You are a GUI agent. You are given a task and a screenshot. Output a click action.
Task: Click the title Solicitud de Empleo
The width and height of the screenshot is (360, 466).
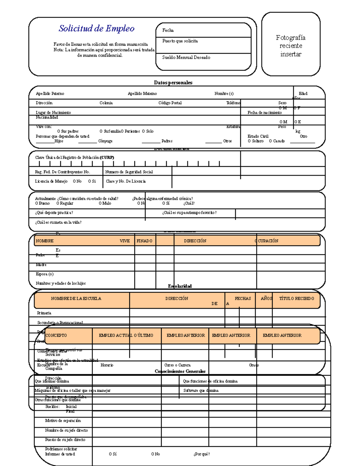click(96, 29)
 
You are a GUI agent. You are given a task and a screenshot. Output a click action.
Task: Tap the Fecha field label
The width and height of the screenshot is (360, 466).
click(168, 30)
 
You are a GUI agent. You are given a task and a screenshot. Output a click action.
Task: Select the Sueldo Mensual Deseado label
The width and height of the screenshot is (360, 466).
click(186, 57)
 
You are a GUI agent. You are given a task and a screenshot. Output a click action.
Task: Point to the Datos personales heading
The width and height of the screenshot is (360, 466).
click(173, 83)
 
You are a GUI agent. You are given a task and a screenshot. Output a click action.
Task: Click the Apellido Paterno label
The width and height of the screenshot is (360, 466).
click(50, 94)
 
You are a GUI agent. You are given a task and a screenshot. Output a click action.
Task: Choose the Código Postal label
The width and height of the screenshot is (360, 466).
click(170, 103)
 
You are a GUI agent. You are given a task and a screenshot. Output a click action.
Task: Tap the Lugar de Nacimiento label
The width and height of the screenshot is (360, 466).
click(53, 113)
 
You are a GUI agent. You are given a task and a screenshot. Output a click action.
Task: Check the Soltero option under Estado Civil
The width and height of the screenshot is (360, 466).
click(256, 141)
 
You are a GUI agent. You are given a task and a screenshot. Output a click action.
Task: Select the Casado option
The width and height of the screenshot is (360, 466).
click(277, 141)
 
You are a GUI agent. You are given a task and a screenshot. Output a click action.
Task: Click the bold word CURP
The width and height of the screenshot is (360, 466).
click(107, 158)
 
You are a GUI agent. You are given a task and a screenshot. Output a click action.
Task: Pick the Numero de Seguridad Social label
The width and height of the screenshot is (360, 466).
click(129, 172)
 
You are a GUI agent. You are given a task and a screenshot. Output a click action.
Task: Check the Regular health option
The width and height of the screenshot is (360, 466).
click(65, 203)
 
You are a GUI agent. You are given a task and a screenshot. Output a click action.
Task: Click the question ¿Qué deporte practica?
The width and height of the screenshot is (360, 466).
click(54, 213)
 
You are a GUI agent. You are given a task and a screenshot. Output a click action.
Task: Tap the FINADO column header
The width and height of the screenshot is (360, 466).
click(144, 241)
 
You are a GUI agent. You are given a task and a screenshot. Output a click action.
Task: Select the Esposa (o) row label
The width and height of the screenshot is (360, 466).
click(44, 274)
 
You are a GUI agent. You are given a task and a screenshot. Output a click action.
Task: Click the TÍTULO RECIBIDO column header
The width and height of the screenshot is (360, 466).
click(296, 299)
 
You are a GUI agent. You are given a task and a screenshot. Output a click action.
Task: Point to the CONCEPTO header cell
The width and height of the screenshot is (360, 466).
click(56, 335)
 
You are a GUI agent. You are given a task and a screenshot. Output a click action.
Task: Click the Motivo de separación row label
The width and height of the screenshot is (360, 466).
click(63, 421)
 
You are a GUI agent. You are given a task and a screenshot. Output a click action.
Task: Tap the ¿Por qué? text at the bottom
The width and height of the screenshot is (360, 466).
click(202, 454)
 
